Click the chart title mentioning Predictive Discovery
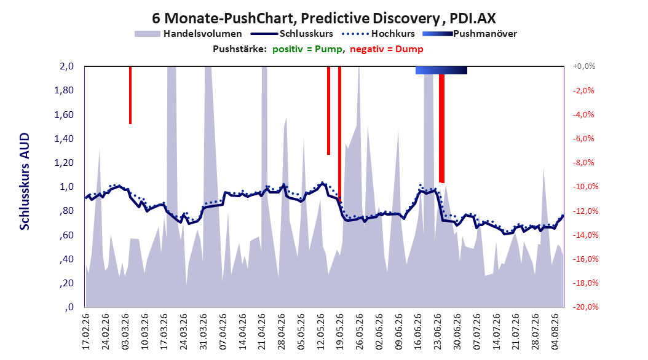(x=324, y=18)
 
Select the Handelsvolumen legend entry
(x=188, y=34)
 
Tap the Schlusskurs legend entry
(x=292, y=34)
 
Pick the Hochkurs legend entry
(x=378, y=34)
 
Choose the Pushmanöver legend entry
(x=470, y=34)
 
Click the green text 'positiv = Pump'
(x=307, y=49)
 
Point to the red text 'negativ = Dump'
(x=387, y=49)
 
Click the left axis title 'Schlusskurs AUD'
(x=25, y=181)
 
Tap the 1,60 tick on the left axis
(x=64, y=114)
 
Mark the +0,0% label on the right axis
(x=584, y=66)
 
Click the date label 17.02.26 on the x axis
(x=86, y=332)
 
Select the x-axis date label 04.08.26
(x=556, y=332)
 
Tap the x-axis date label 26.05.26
(x=360, y=332)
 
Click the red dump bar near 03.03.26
(x=130, y=95)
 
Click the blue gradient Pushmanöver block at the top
(x=441, y=70)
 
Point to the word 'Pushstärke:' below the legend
(x=240, y=49)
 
